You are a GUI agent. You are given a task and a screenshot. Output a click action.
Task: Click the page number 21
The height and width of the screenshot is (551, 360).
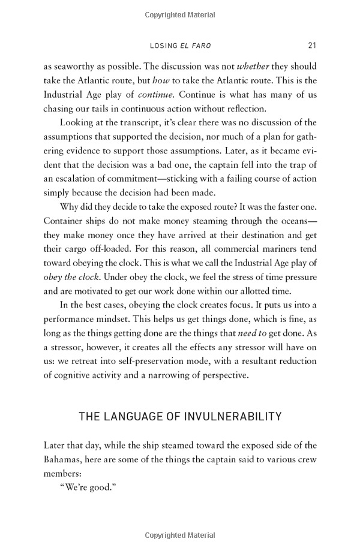coord(312,45)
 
